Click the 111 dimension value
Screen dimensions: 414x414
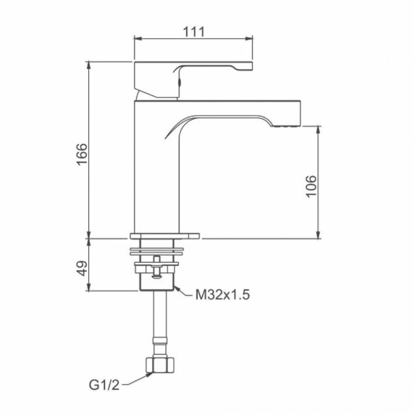click(x=194, y=32)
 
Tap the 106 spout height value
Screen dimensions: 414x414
click(x=311, y=186)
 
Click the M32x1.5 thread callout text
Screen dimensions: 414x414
click(x=222, y=295)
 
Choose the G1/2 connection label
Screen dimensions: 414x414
click(x=104, y=385)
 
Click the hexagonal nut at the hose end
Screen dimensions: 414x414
click(x=160, y=365)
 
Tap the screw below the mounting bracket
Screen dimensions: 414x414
click(x=156, y=267)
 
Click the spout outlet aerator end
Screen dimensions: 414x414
click(x=288, y=126)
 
